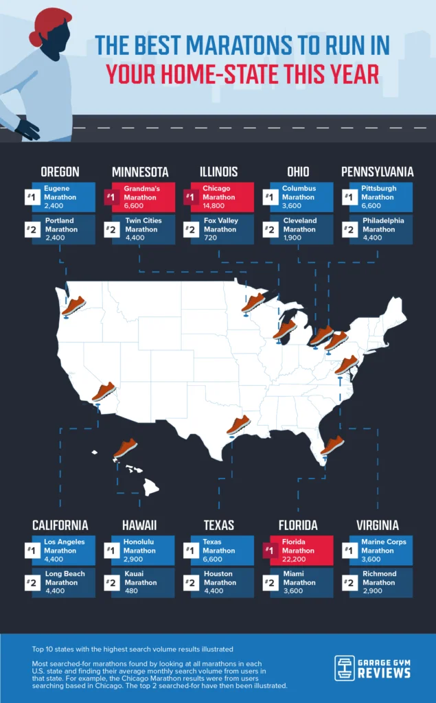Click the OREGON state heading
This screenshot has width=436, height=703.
[60, 172]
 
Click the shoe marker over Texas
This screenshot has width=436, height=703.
[238, 425]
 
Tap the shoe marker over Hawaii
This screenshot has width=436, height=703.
[126, 449]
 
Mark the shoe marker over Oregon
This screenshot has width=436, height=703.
[73, 306]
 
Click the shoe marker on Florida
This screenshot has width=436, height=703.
[332, 445]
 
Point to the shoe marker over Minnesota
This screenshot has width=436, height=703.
[253, 303]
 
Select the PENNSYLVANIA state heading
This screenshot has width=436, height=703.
[378, 172]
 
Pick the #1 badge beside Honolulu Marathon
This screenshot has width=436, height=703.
[109, 551]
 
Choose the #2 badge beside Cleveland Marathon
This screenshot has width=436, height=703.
[268, 229]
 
